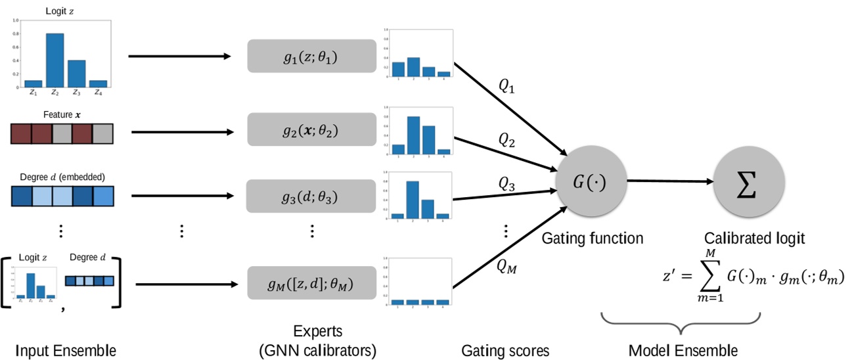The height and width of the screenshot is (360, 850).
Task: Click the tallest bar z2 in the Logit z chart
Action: click(x=55, y=60)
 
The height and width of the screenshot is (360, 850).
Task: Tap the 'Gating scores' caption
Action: click(x=505, y=350)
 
